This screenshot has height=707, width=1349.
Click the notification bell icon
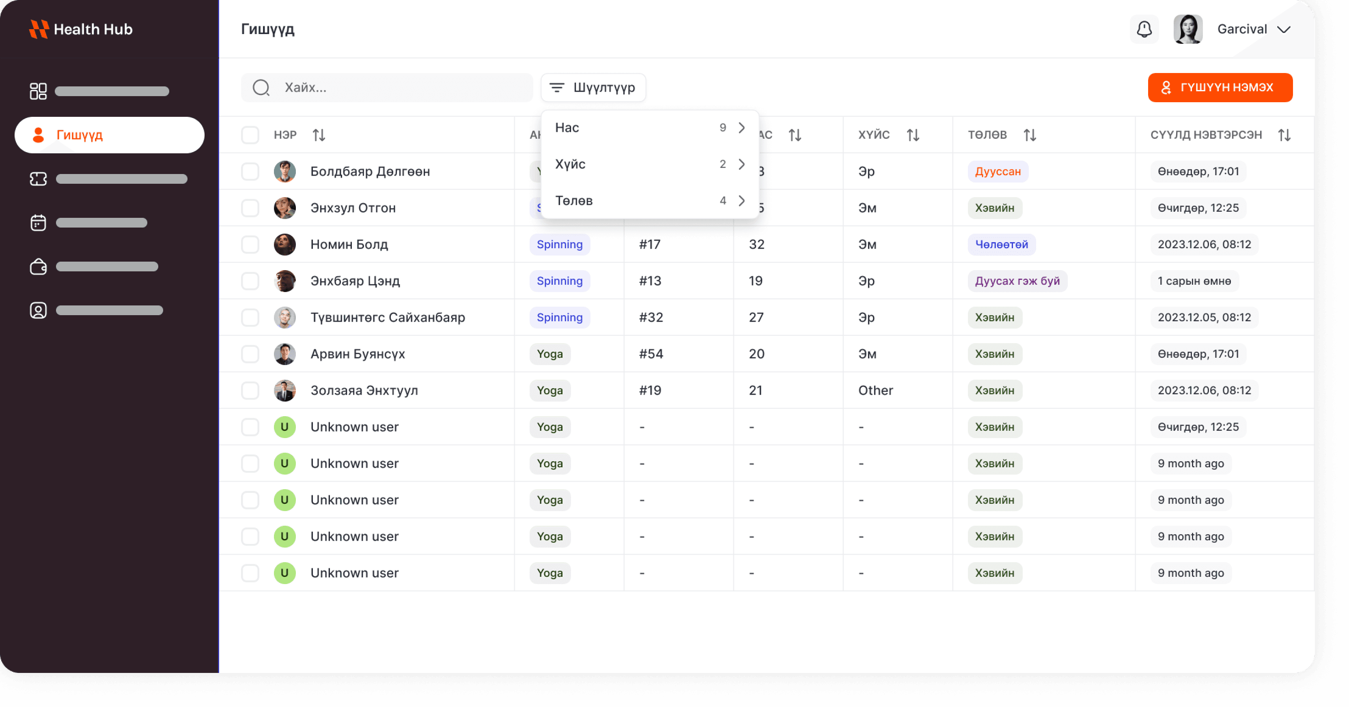click(x=1144, y=29)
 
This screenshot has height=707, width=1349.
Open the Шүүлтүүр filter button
click(x=593, y=87)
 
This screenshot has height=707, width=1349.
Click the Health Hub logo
click(x=81, y=29)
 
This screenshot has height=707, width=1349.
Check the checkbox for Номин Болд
click(x=250, y=245)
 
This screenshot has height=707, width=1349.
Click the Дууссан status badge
click(x=998, y=172)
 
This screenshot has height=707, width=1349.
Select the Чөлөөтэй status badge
click(x=1001, y=245)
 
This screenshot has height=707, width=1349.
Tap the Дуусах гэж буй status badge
click(x=1017, y=281)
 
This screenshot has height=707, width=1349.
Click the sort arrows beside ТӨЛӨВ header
click(x=1030, y=135)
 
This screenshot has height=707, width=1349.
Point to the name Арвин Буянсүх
click(x=358, y=354)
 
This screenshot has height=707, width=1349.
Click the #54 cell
click(x=651, y=354)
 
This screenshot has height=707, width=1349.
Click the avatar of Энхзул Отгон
click(x=284, y=208)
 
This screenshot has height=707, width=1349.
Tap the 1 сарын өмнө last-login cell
click(x=1194, y=281)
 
